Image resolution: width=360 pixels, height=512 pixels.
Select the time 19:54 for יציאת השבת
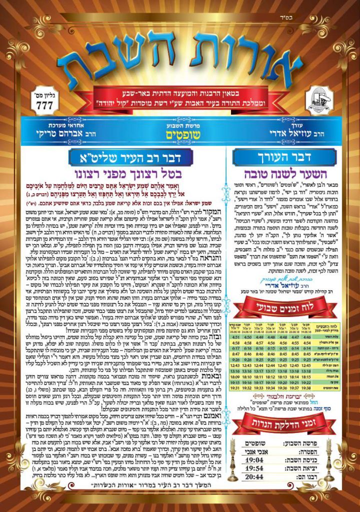254,469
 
